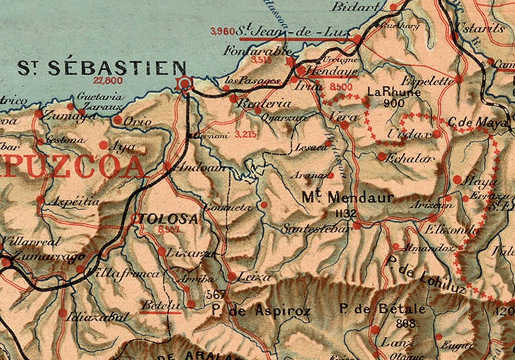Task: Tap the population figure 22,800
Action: pyautogui.click(x=108, y=81)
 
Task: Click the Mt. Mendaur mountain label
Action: pyautogui.click(x=348, y=197)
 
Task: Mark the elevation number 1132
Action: pyautogui.click(x=346, y=213)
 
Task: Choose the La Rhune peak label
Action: pyautogui.click(x=394, y=92)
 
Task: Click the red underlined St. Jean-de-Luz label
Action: pyautogui.click(x=294, y=32)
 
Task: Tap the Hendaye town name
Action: pyautogui.click(x=332, y=71)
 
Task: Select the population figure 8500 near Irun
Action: pyautogui.click(x=341, y=87)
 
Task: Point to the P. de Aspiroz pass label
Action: pyautogui.click(x=261, y=311)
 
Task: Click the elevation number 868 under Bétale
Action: pyautogui.click(x=406, y=323)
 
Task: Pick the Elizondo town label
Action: pyautogui.click(x=451, y=230)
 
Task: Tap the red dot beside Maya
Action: pyautogui.click(x=457, y=179)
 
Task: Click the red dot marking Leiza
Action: pyautogui.click(x=232, y=276)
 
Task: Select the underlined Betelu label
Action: pyautogui.click(x=161, y=305)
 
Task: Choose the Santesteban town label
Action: pyautogui.click(x=316, y=229)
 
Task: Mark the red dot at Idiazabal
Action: pyautogui.click(x=62, y=313)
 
